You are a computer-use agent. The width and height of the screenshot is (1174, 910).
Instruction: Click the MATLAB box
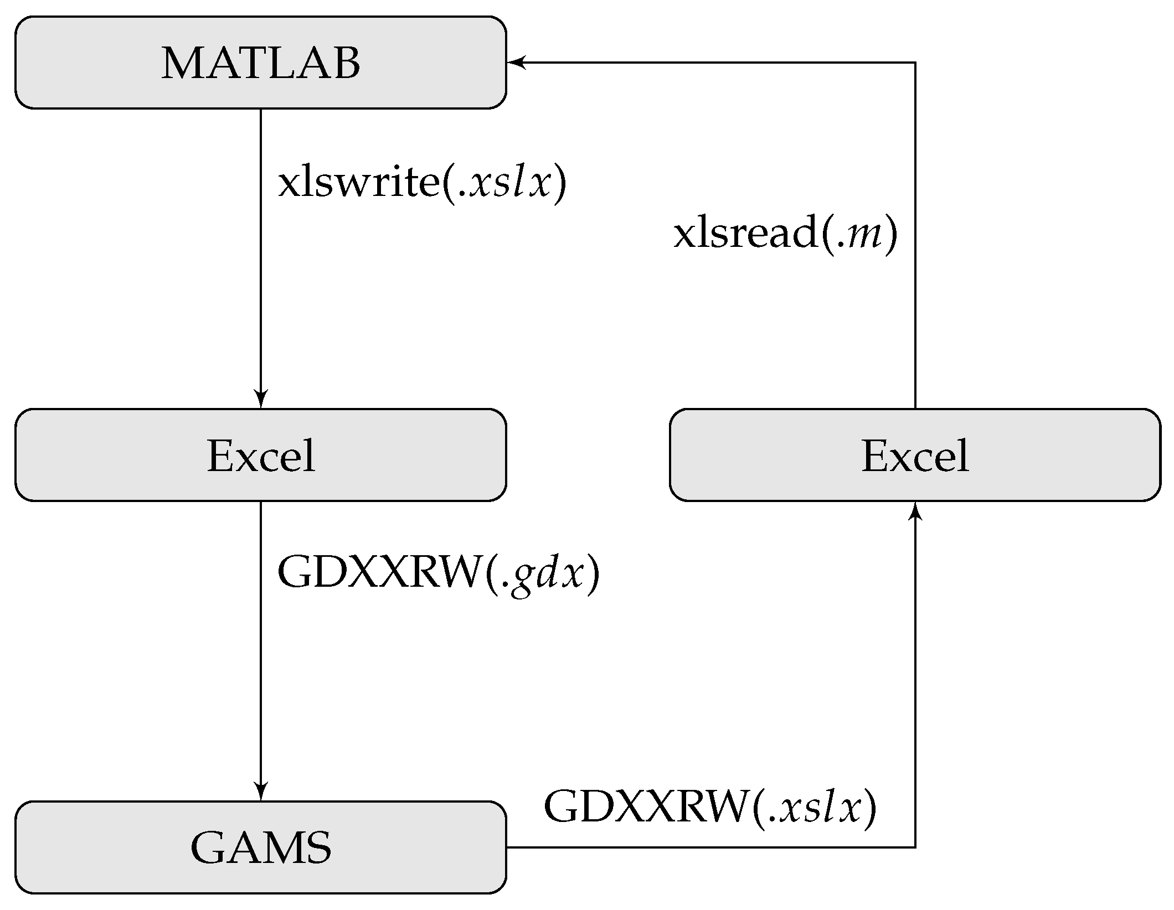point(260,63)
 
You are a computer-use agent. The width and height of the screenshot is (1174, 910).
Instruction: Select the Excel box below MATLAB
point(260,455)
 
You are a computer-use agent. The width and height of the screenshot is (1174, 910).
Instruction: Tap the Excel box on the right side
point(915,455)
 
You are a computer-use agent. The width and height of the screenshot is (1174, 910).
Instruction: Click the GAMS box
point(260,847)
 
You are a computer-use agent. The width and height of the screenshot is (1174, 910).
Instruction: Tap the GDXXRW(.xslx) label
point(710,808)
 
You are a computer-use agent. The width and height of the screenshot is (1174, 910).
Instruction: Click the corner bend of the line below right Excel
point(915,847)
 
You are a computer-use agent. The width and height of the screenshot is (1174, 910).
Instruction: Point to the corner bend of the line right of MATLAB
point(915,63)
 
